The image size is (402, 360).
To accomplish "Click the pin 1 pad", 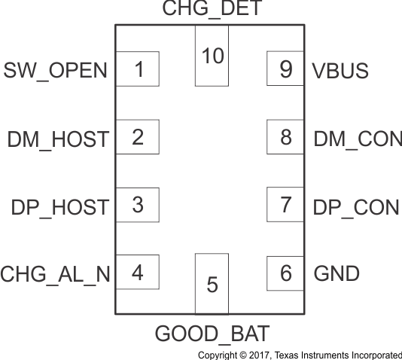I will [137, 69].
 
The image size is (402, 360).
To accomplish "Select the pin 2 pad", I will [137, 137].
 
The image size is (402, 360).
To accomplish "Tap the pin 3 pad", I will [137, 205].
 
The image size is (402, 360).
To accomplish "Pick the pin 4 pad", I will [137, 272].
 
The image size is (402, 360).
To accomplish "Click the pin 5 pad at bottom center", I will [212, 284].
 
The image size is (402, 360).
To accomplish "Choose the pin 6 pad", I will [285, 272].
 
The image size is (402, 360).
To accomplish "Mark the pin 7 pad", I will [285, 205].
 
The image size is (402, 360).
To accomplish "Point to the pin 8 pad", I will [285, 137].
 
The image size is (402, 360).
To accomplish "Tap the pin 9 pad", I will [285, 69].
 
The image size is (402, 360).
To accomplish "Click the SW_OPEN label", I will [56, 72].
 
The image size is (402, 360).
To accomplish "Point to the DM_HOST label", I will [58, 139].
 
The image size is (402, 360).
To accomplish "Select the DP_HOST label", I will [58, 207].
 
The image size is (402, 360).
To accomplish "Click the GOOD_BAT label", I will [212, 332].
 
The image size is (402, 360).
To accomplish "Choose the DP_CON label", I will [355, 207].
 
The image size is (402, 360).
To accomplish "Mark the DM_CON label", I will [355, 139].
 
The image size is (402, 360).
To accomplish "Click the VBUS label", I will [340, 72].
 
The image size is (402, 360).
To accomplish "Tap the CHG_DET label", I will [212, 10].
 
